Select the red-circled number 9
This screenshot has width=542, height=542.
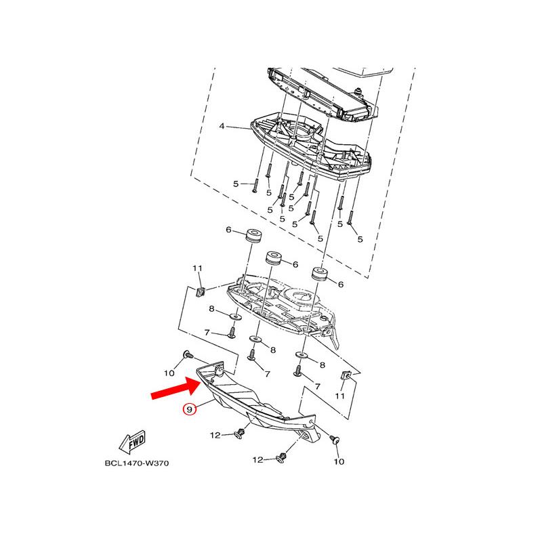coord(190,410)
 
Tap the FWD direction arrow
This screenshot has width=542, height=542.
coord(132,442)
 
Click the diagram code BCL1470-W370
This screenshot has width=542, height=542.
coord(137,463)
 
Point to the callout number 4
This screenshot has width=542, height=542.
coord(222,126)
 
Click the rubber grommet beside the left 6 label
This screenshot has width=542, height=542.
coord(253,236)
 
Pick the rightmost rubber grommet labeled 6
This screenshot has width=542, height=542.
coord(320,274)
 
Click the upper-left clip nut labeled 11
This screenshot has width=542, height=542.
coord(200,292)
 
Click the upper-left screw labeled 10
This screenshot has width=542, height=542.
coord(188,354)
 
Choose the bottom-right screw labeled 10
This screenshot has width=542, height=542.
coord(335,440)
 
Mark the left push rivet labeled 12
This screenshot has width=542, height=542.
coord(241,434)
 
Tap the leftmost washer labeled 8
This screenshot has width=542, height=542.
coord(235,316)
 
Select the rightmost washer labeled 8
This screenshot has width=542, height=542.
coord(301,355)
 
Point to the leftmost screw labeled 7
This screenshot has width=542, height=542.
coord(232,333)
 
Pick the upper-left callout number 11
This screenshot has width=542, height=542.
coord(197,268)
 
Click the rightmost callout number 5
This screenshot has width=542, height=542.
coord(360,239)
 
